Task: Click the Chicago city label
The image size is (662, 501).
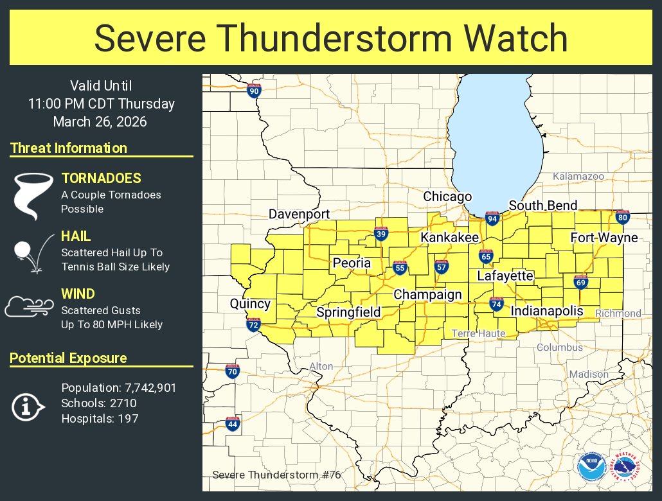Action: click(x=447, y=197)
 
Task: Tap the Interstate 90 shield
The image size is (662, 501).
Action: click(x=254, y=91)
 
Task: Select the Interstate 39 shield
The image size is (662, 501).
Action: click(x=381, y=234)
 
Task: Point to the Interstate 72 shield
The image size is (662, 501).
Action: click(x=253, y=325)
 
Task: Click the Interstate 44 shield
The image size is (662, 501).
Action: click(x=233, y=424)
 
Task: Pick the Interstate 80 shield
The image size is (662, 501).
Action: click(x=622, y=217)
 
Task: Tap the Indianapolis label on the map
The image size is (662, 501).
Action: click(x=546, y=311)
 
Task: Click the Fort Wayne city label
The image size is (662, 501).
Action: click(x=604, y=238)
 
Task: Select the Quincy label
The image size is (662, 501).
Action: click(x=250, y=304)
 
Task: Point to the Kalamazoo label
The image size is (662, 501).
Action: click(x=578, y=176)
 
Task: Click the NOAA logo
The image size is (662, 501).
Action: click(x=591, y=467)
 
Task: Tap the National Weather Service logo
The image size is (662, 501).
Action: click(x=625, y=467)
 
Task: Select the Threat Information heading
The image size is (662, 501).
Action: click(x=69, y=148)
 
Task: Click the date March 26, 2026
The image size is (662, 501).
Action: click(x=100, y=121)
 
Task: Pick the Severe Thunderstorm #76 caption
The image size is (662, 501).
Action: click(x=276, y=475)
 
